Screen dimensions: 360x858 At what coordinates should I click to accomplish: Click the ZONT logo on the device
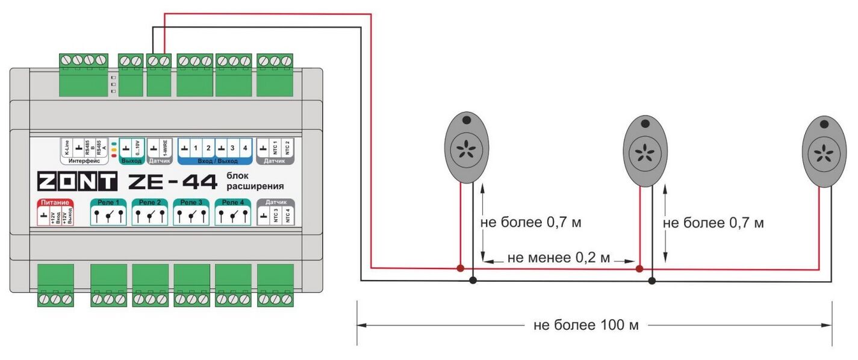coord(77,181)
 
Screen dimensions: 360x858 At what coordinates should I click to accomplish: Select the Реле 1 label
coord(108,202)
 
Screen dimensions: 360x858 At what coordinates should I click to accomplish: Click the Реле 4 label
coord(232,202)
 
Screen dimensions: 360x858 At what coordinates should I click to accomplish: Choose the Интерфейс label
coord(84,161)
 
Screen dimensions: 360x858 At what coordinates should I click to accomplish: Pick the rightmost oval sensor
coord(824,151)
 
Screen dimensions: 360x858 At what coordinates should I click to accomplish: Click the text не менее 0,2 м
coord(559,258)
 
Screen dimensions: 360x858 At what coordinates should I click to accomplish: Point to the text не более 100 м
coord(585,326)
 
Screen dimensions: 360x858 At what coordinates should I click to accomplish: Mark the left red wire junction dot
coord(460,268)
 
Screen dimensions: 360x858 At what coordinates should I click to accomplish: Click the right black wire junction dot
coord(651,281)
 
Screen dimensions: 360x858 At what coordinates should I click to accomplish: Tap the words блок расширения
coord(255,181)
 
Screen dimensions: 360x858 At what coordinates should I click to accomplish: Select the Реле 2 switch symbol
coord(150,216)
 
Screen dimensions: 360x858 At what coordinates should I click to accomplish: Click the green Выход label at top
coord(132,161)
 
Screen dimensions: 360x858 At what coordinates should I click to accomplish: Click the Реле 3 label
coord(191,202)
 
